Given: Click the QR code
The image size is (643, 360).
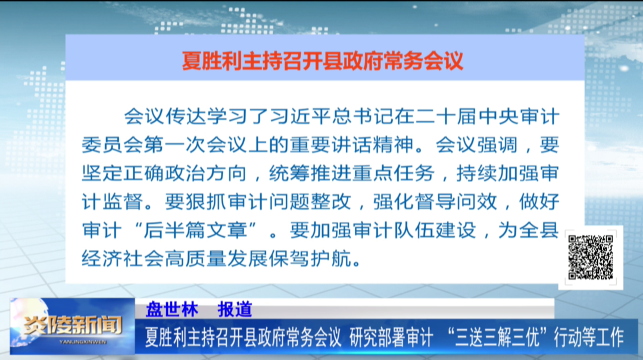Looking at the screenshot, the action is (591, 257).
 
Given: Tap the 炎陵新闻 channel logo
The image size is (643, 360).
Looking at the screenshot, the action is (73, 325).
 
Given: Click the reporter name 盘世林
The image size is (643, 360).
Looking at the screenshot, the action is (172, 309).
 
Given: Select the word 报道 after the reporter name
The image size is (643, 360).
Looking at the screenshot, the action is (235, 309).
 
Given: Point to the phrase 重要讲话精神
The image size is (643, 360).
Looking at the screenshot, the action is (352, 145).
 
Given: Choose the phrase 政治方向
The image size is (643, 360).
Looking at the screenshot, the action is (206, 173).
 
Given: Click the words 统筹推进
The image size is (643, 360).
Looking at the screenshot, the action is (310, 173).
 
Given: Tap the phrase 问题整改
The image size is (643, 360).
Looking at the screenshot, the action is (310, 202).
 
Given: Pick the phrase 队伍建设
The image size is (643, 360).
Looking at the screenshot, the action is (435, 230).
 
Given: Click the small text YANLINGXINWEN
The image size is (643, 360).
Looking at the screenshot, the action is (83, 342).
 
